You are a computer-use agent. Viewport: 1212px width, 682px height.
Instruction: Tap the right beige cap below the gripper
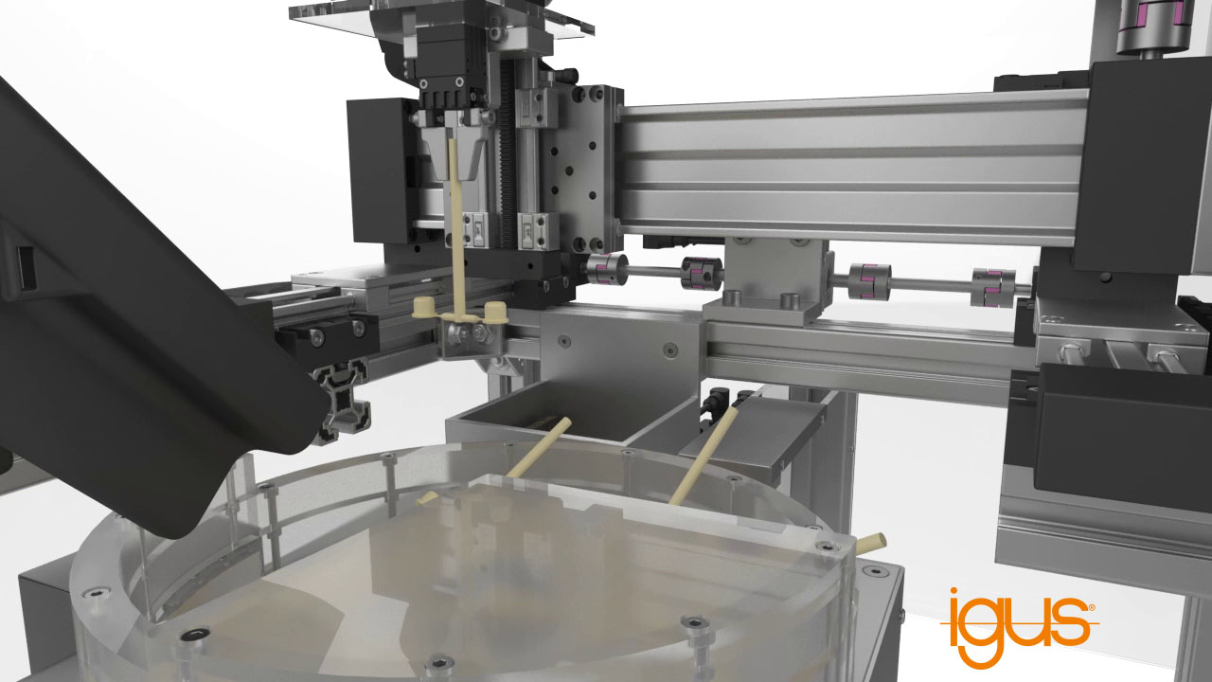pos(495,313)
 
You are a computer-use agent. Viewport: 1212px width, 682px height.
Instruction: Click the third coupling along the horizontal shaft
pos(869,281)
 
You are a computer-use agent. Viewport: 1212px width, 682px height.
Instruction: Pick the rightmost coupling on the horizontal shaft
pos(993,287)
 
